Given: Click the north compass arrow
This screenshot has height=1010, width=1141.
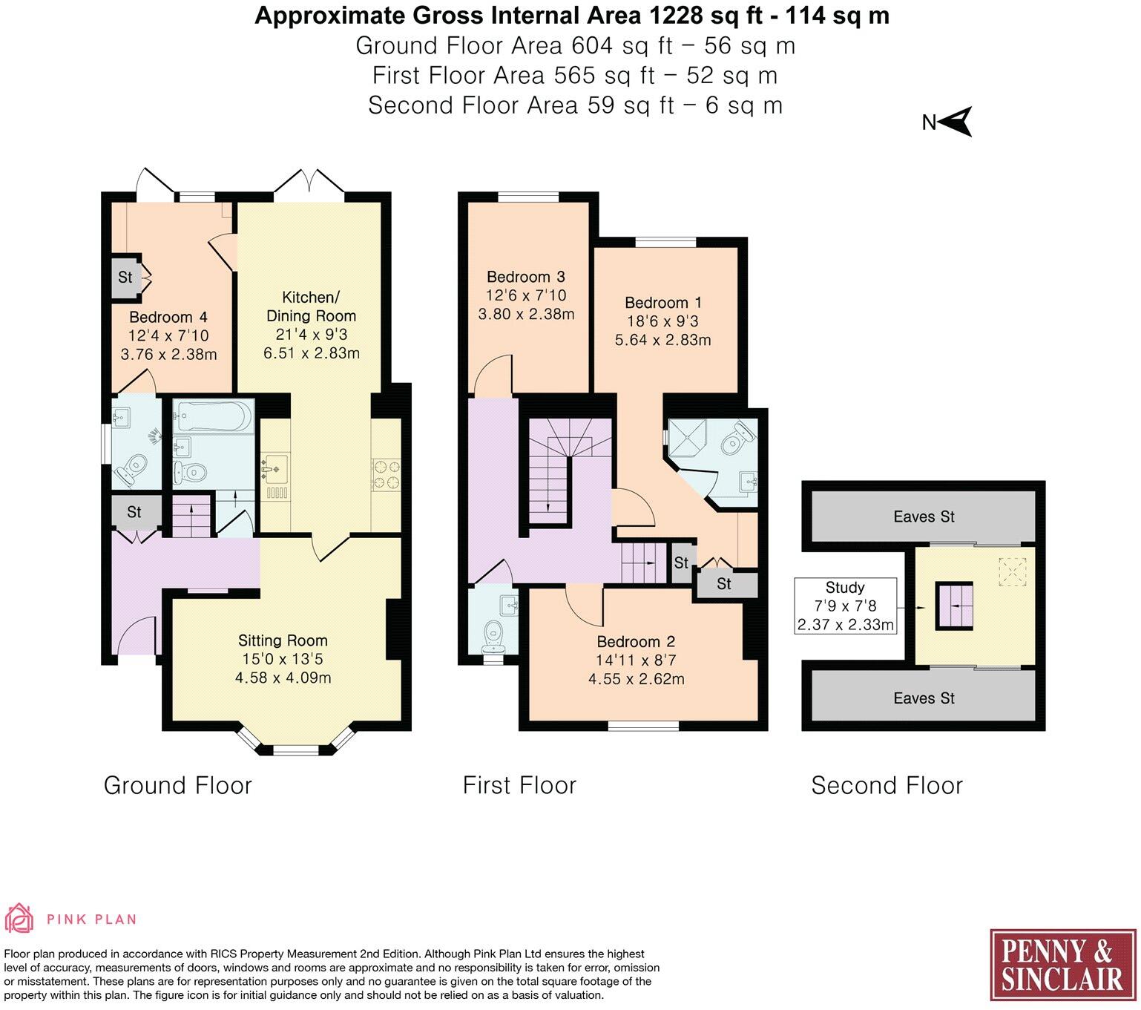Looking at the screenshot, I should tap(957, 122).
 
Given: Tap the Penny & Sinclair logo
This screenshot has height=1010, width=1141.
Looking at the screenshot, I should tap(1062, 964).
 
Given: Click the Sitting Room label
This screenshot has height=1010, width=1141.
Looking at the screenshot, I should tap(283, 640).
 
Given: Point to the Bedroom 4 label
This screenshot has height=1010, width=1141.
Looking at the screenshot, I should tap(168, 318).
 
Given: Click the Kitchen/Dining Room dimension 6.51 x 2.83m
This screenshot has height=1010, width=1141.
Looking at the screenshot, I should tap(312, 353).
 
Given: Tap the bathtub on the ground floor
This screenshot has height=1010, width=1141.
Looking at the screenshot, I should tap(213, 417).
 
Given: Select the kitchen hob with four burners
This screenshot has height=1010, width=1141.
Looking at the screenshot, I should tap(386, 475).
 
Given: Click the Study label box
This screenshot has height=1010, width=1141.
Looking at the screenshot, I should tap(845, 606).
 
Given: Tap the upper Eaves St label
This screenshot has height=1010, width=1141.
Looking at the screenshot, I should tap(924, 517).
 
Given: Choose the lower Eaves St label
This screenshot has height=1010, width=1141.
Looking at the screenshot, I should tap(924, 698).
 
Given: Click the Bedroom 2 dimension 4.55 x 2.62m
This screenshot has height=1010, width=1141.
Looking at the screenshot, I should tap(636, 679).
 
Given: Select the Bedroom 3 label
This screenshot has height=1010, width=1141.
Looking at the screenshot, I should tap(526, 277).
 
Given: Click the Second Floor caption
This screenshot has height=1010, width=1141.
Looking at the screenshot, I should tap(887, 785).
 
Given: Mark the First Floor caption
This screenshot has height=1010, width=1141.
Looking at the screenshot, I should tap(519, 785).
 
